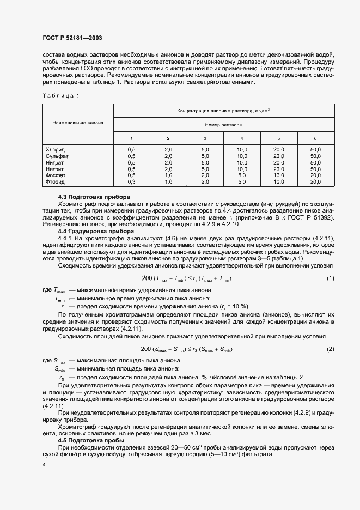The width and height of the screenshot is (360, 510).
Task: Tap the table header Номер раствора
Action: [223, 124]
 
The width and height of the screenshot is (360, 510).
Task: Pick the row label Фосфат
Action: [56, 175]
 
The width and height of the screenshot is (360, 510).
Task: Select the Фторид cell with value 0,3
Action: [131, 182]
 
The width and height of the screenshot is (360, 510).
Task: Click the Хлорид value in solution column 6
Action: [315, 149]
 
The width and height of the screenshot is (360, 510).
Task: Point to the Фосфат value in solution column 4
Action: [242, 175]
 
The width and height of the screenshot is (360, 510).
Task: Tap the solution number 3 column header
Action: [205, 138]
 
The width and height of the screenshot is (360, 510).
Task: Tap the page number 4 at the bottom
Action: [44, 464]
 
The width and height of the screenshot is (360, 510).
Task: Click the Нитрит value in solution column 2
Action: [168, 169]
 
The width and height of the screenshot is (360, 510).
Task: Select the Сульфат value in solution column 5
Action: [278, 156]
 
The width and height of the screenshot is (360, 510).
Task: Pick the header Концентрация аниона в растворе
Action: [223, 110]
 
